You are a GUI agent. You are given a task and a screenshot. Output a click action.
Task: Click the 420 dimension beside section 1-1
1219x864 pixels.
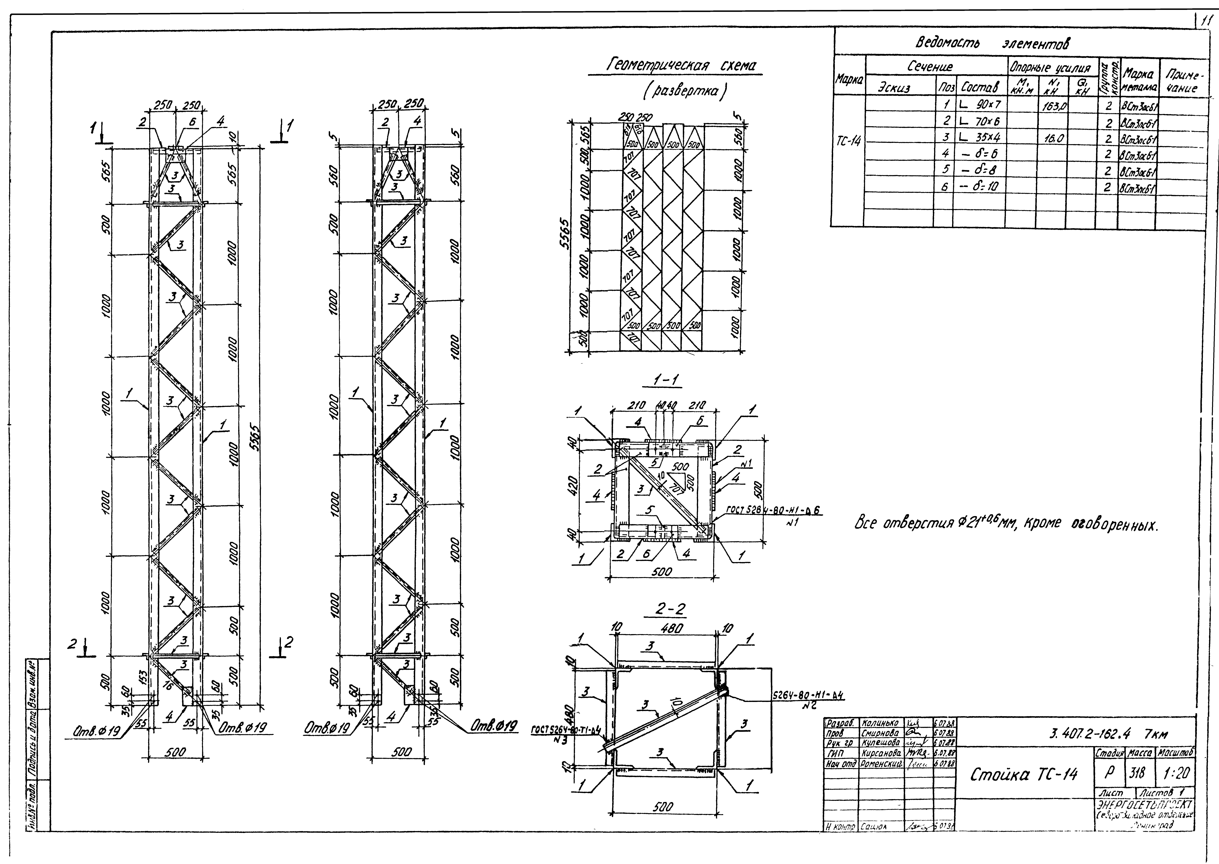[572, 485]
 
